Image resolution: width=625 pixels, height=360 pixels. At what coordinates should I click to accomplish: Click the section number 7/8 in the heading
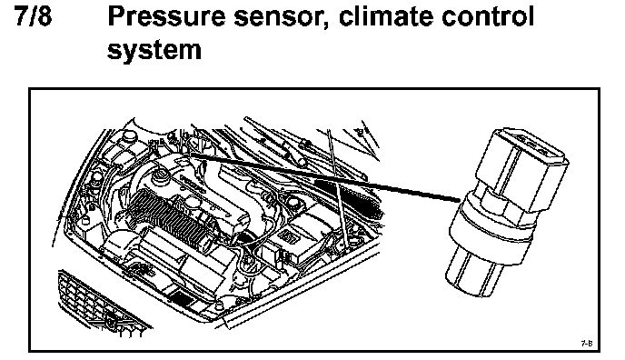coord(34,16)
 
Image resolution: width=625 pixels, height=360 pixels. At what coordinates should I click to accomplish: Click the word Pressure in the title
coord(166,16)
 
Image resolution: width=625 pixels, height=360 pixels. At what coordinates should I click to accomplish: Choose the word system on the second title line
coord(154,51)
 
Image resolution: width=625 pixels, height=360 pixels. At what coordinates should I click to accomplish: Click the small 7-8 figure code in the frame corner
coord(587,343)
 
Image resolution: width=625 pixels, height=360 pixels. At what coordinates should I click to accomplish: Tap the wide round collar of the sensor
coord(491,231)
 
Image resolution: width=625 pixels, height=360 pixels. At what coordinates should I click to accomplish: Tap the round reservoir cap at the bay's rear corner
coord(129,136)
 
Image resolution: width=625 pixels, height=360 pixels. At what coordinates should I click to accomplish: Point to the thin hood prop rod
coord(337,187)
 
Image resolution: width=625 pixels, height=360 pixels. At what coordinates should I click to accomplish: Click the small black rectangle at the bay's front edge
coord(181,296)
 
